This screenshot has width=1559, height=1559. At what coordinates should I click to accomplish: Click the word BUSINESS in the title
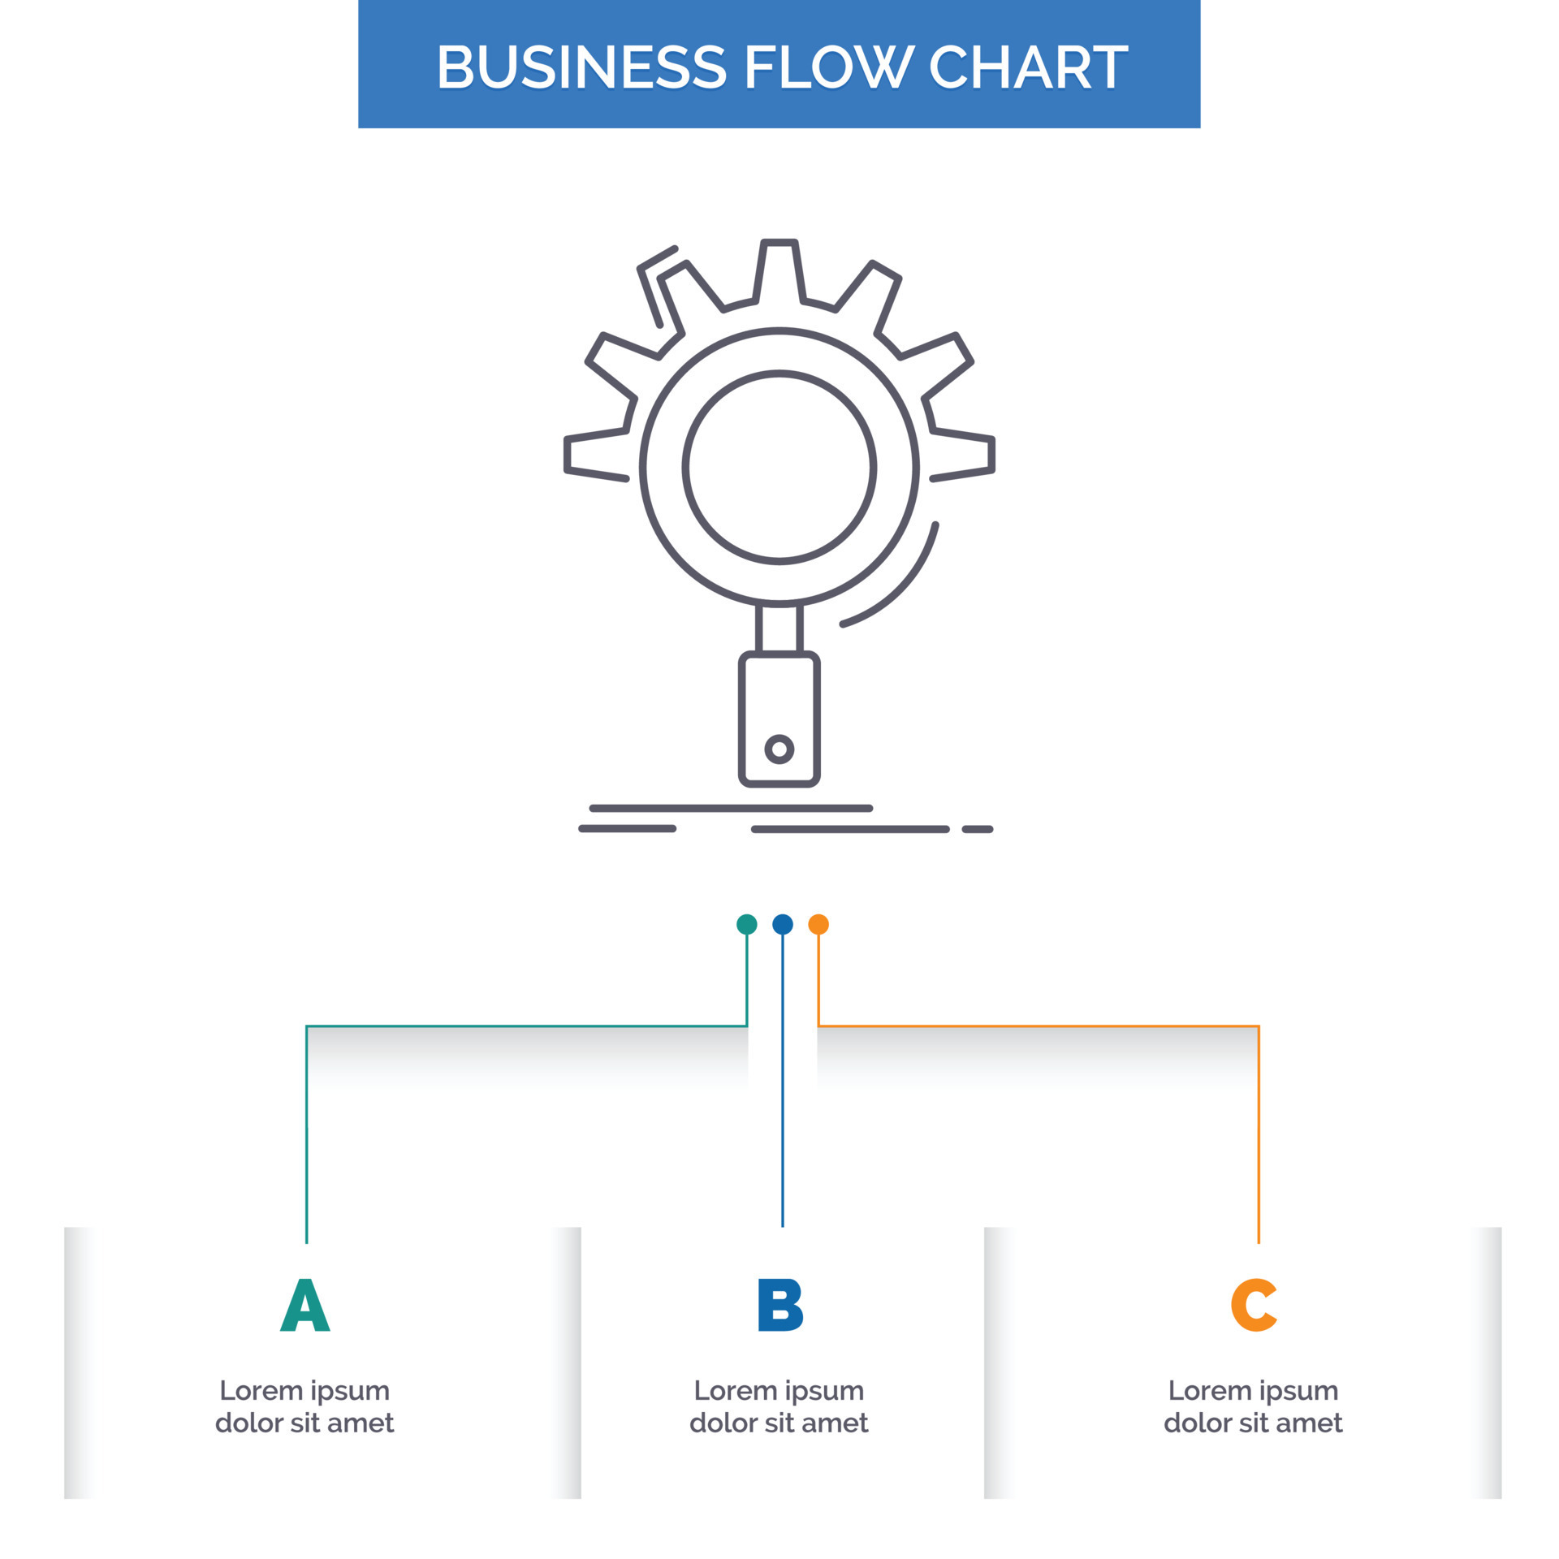(x=581, y=67)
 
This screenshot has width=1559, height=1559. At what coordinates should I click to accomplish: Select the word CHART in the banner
(x=1028, y=67)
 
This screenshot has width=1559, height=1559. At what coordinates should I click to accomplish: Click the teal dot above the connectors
(x=746, y=924)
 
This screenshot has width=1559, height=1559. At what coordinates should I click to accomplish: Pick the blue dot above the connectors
(x=783, y=924)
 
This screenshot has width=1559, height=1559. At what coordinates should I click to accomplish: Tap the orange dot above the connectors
(x=818, y=924)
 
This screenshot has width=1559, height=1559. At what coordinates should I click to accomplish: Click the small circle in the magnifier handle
(x=779, y=749)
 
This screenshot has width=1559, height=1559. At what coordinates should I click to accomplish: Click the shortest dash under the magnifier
(x=978, y=829)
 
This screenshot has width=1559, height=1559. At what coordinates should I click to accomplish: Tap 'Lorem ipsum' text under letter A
(x=304, y=1391)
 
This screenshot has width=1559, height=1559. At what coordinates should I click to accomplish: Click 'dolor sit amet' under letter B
(x=779, y=1423)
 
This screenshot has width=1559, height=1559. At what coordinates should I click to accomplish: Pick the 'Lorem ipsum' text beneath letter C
(x=1253, y=1391)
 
